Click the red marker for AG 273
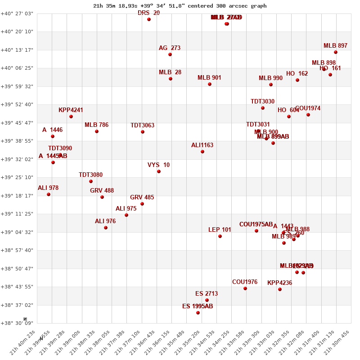170,54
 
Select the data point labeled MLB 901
210,84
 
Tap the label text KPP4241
71,110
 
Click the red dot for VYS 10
159,171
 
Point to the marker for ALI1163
202,152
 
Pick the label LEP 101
220,229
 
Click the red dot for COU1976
245,288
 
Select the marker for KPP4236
280,289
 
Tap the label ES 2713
207,293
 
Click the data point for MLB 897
336,52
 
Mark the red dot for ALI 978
49,194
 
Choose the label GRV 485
142,197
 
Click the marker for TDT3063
143,132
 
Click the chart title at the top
180,6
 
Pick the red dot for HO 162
297,80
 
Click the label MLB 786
96,125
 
